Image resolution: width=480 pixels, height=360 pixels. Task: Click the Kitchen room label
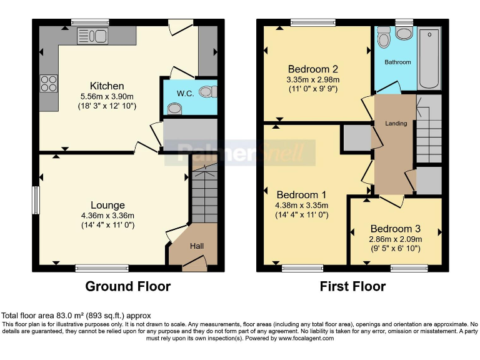click(107, 86)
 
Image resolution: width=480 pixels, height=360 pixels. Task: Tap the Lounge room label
click(107, 205)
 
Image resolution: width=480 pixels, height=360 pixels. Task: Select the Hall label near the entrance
click(197, 246)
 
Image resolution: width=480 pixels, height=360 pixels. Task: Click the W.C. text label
click(184, 94)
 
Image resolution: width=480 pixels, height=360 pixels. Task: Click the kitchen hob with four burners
click(49, 83)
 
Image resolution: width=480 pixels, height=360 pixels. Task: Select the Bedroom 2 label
click(313, 69)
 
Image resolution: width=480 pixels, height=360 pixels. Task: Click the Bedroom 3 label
click(396, 229)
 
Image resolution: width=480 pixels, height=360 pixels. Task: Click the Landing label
click(396, 123)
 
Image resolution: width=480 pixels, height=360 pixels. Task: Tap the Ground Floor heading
click(127, 287)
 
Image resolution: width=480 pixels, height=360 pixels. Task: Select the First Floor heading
click(352, 287)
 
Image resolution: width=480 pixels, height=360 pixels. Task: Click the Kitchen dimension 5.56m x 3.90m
click(107, 96)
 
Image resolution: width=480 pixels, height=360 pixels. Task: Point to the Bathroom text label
click(397, 62)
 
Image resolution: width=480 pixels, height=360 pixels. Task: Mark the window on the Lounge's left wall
click(36, 201)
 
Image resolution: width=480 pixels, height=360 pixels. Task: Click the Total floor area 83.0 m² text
click(76, 316)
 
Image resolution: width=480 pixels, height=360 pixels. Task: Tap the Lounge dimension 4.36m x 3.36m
click(107, 216)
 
